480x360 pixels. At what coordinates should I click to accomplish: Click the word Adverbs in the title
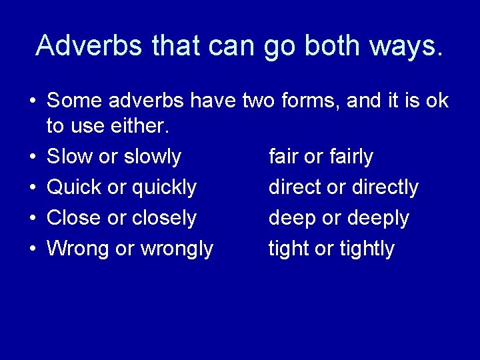89,45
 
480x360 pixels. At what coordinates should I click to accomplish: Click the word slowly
153,157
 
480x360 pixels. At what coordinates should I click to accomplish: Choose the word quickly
164,188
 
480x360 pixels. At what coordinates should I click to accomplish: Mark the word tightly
367,249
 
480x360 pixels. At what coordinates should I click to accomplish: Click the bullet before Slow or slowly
32,157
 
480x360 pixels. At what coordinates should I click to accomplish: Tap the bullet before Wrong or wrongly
32,249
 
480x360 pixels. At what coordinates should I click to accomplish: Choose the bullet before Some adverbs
32,102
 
